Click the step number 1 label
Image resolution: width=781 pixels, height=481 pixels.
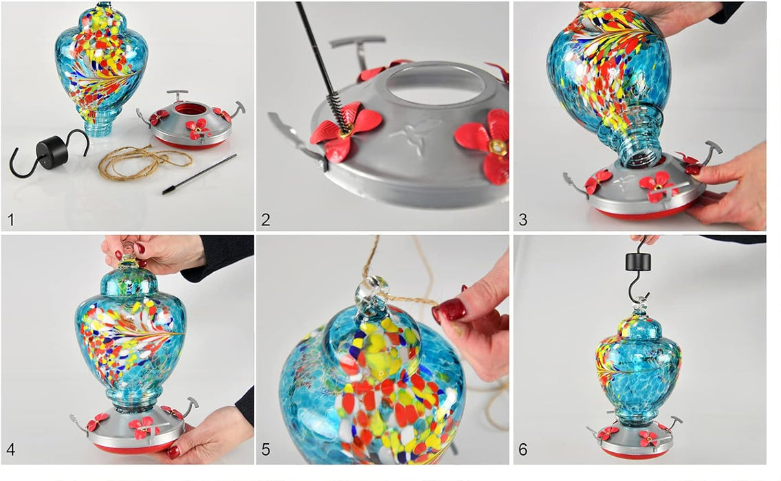[x=10, y=220]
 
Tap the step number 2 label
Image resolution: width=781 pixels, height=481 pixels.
[x=266, y=220]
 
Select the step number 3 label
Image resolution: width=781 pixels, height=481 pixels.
[x=523, y=220]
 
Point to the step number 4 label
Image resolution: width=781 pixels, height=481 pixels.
[x=10, y=450]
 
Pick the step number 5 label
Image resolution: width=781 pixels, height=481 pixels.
[x=266, y=450]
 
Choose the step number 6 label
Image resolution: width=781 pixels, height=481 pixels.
[x=523, y=450]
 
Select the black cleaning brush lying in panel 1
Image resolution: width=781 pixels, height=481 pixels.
[x=199, y=173]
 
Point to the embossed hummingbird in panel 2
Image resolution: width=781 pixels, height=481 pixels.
[x=419, y=131]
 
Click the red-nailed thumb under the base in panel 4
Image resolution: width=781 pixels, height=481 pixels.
[x=173, y=451]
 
